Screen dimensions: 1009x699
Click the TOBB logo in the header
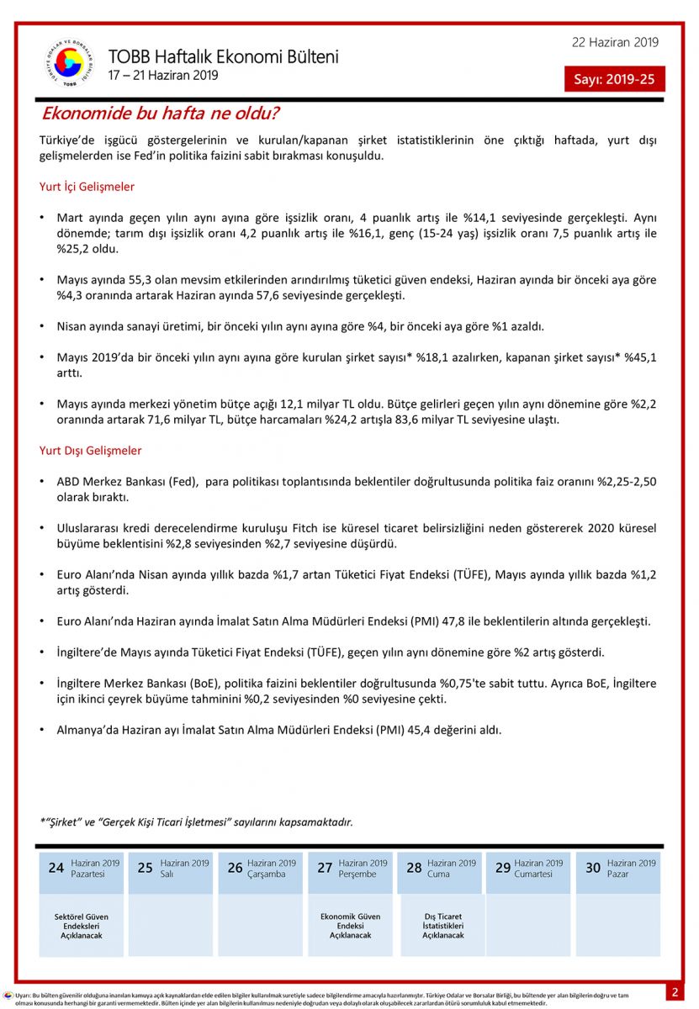69,63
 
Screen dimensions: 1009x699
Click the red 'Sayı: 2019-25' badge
614,79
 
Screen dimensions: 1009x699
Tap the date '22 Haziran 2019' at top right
615,43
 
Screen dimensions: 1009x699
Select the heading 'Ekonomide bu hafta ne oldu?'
161,114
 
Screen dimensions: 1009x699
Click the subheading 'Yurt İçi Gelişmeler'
87,187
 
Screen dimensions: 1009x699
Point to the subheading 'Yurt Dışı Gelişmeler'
91,451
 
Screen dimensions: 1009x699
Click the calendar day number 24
56,868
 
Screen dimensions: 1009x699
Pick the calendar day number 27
325,868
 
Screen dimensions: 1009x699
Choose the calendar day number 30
593,868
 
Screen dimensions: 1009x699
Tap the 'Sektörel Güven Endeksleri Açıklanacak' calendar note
82,926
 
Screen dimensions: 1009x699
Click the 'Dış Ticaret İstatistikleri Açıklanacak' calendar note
442,926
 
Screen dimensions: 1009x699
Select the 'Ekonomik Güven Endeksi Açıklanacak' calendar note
350,926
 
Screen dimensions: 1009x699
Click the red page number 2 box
674,992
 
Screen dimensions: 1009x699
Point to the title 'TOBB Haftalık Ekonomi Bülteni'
224,57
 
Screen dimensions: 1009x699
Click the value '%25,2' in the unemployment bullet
71,249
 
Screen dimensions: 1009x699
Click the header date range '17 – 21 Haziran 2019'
163,76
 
